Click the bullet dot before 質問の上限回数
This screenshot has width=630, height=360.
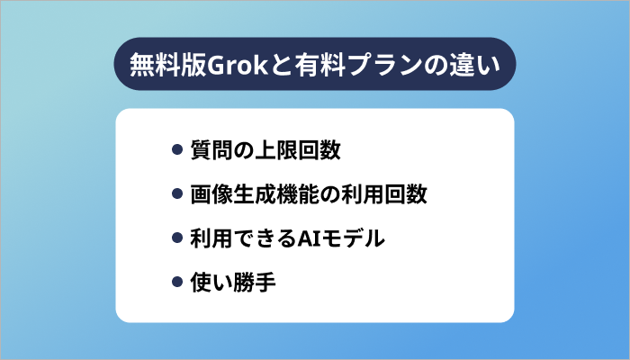pyautogui.click(x=177, y=150)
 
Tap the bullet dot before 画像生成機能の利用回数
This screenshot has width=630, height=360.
pyautogui.click(x=177, y=194)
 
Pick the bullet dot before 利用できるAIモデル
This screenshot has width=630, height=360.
pyautogui.click(x=177, y=239)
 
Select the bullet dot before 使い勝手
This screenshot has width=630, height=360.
pyautogui.click(x=177, y=283)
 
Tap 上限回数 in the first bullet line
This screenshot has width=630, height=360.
pyautogui.click(x=298, y=150)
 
